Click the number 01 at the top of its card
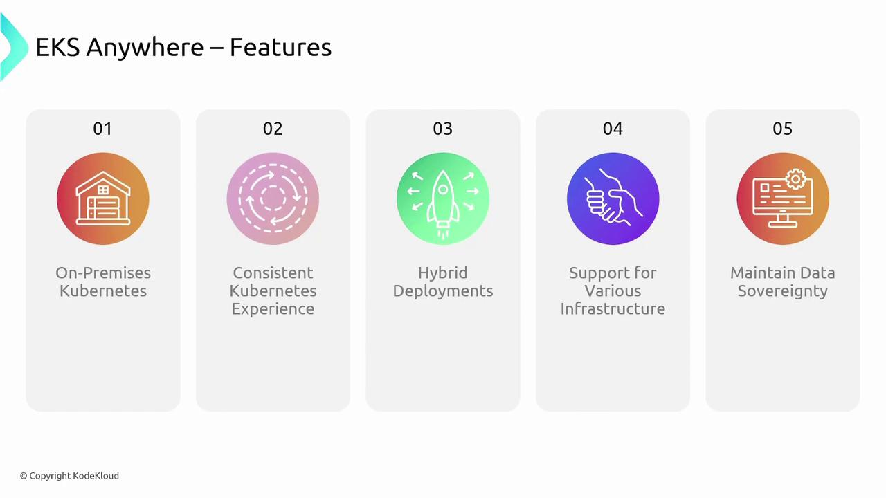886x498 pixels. tap(102, 129)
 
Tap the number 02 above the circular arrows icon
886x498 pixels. tap(273, 129)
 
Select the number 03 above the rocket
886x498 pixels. tap(442, 129)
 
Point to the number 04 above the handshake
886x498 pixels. tap(613, 129)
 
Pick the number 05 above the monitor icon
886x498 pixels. tap(782, 129)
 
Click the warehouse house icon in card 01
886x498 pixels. tap(103, 199)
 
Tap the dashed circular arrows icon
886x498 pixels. tap(273, 199)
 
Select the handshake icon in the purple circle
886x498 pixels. tap(613, 198)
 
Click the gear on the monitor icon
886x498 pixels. tap(796, 179)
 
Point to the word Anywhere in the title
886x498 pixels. tap(145, 48)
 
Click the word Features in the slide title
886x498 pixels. tap(280, 48)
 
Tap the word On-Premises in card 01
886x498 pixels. tap(103, 273)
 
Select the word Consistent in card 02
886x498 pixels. tap(273, 273)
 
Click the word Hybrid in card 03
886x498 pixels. tap(442, 273)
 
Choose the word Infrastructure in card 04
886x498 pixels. tap(613, 308)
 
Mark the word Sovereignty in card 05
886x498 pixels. tap(782, 292)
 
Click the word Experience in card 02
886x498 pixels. tap(273, 309)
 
